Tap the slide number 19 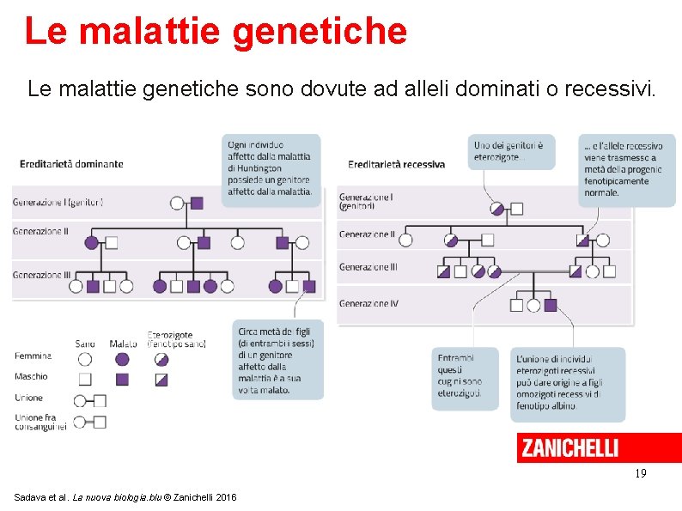[x=640, y=473]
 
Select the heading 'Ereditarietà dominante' [x=72, y=163]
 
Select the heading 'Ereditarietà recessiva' [x=397, y=163]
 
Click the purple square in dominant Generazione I [x=197, y=204]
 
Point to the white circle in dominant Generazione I [x=177, y=204]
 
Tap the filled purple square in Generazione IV [x=551, y=304]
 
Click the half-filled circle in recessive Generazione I [x=496, y=208]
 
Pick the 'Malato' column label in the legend [x=123, y=344]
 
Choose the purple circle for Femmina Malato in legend [x=122, y=359]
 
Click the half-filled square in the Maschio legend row [x=161, y=379]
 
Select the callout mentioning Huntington [x=271, y=169]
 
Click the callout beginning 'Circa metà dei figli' [x=277, y=359]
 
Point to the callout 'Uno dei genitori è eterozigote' [x=510, y=152]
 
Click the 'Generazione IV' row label [x=368, y=304]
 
